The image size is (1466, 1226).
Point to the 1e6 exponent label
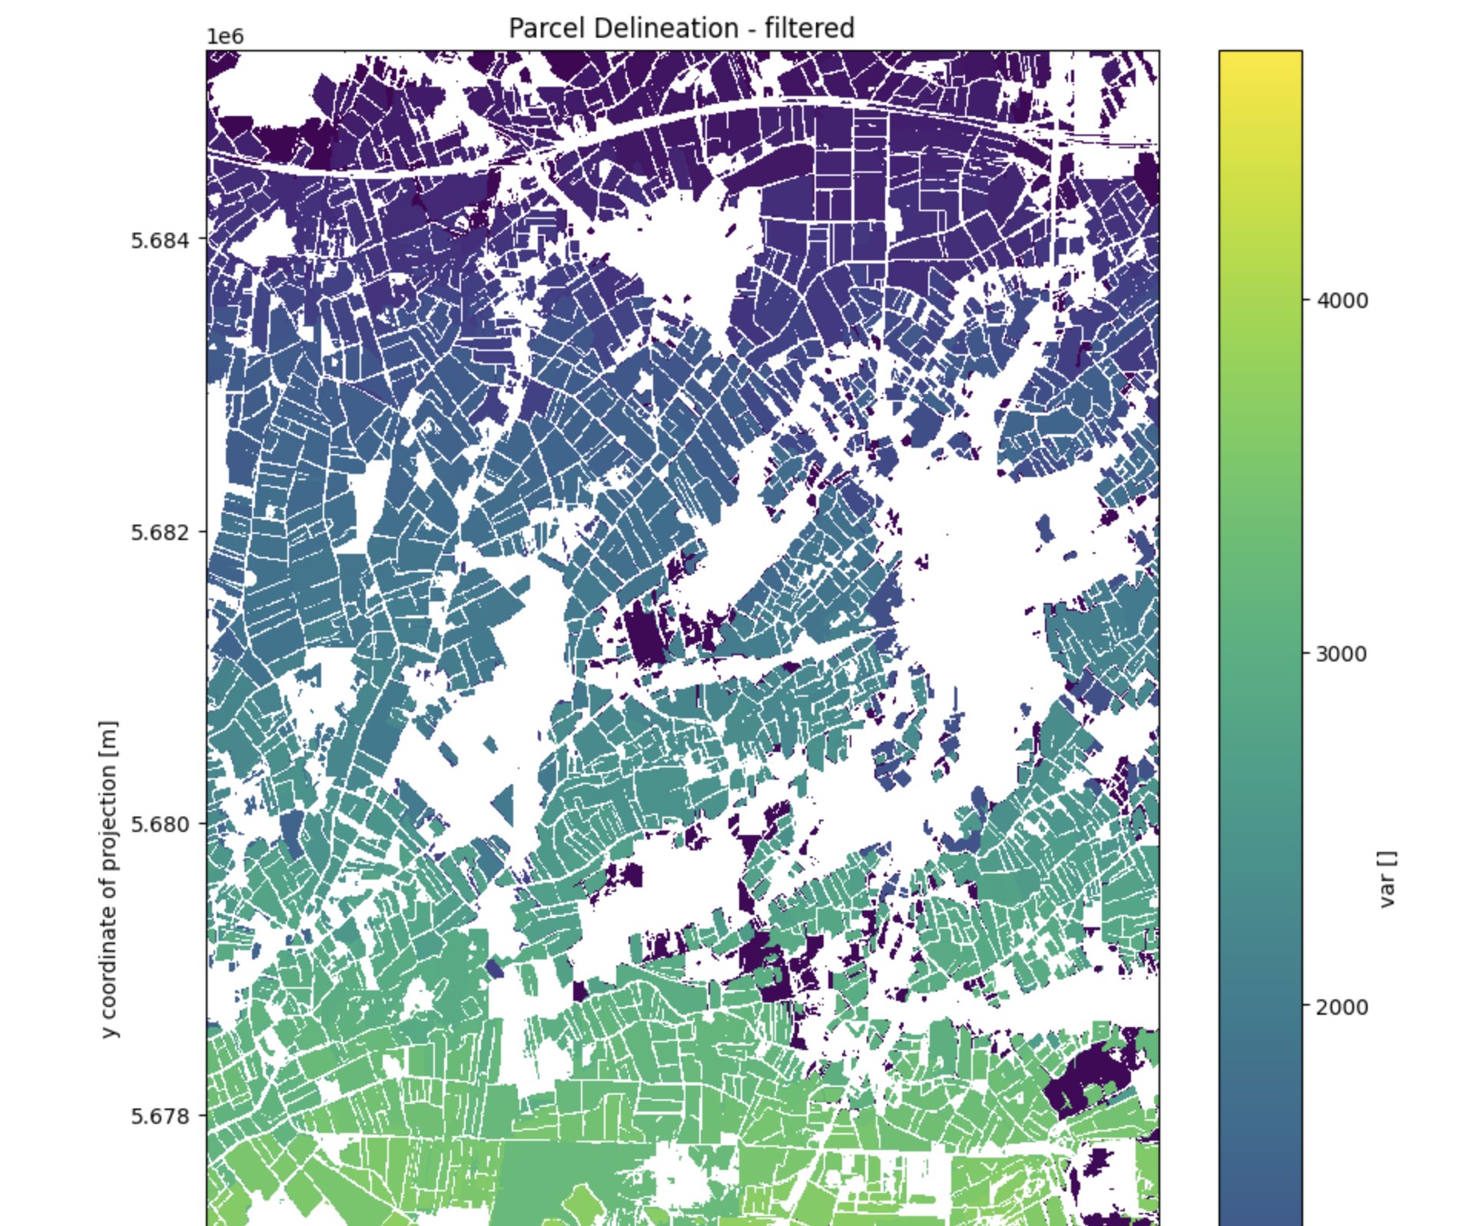(x=224, y=37)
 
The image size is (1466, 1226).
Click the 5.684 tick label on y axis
(x=159, y=240)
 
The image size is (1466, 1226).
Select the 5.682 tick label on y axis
(x=159, y=532)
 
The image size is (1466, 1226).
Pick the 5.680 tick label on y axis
(x=159, y=823)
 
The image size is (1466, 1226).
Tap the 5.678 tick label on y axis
(x=159, y=1115)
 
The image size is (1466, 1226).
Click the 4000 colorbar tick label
(x=1342, y=300)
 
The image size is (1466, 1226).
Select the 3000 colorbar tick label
(x=1342, y=654)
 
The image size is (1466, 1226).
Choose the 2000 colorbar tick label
(x=1342, y=1007)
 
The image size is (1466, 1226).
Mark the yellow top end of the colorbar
(x=1260, y=61)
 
